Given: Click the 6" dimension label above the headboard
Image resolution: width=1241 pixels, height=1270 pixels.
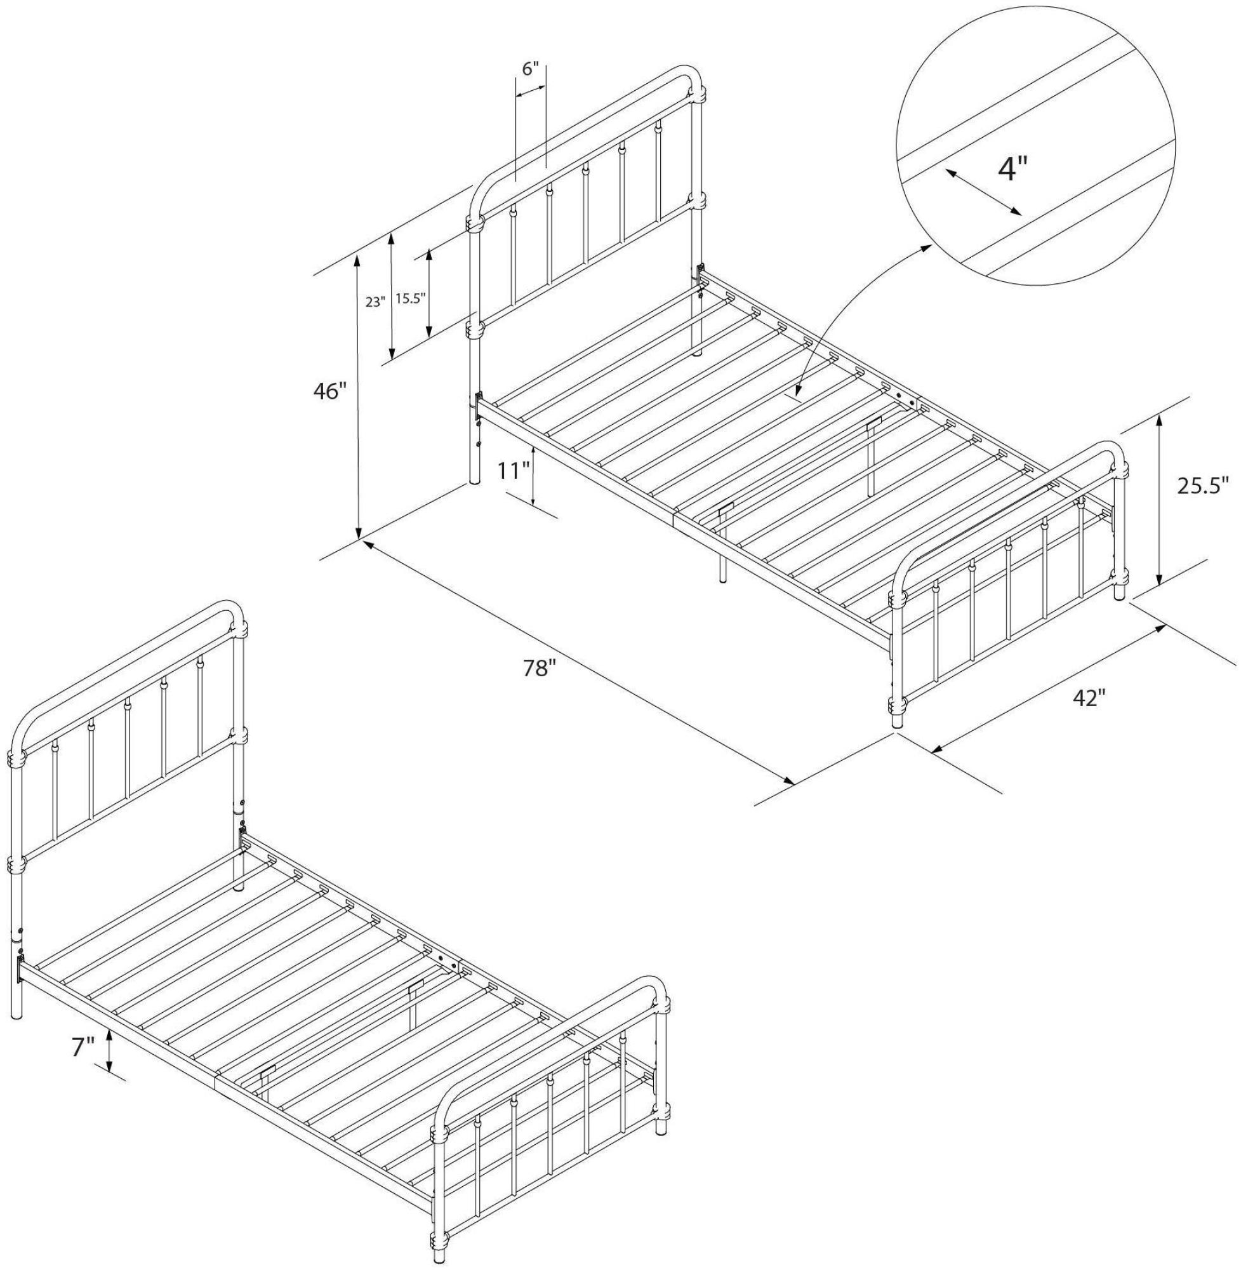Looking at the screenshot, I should pyautogui.click(x=531, y=69).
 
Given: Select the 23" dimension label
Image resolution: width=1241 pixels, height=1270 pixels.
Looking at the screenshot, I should pyautogui.click(x=375, y=302).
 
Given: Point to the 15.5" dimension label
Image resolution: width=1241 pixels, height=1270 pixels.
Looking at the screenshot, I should pyautogui.click(x=410, y=298).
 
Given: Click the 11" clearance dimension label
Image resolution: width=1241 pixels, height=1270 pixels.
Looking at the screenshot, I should pyautogui.click(x=513, y=469).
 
